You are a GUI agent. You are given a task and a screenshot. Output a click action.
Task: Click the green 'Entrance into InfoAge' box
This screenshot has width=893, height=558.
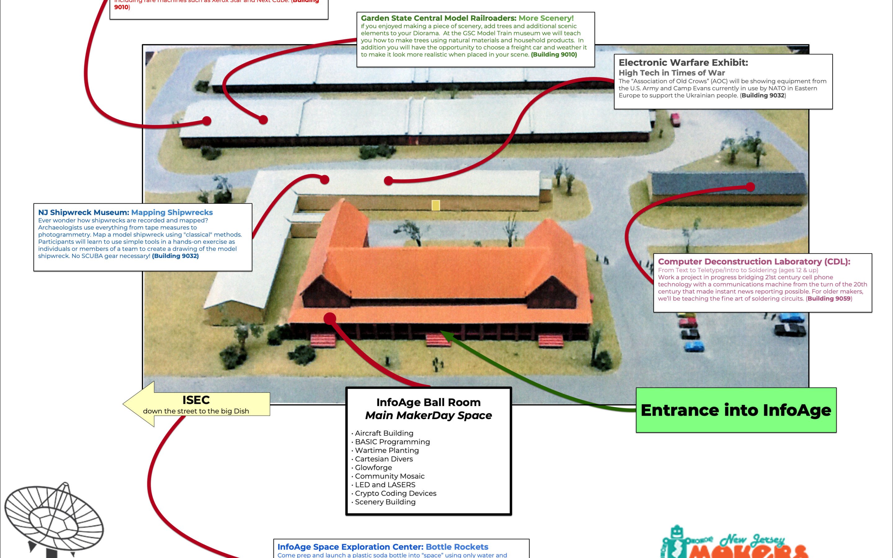(736, 410)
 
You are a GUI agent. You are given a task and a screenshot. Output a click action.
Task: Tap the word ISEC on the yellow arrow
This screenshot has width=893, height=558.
(196, 400)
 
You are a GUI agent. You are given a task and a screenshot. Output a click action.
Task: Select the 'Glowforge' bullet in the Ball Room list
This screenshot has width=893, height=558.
(373, 467)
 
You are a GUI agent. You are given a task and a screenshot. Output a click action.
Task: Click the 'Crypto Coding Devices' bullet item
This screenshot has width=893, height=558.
(395, 494)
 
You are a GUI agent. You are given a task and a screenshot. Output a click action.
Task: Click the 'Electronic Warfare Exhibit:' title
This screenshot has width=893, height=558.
(683, 63)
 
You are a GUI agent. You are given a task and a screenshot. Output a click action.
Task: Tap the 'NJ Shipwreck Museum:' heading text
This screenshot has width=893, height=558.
(83, 213)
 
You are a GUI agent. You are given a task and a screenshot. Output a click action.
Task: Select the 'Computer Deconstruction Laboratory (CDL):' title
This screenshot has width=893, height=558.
(753, 262)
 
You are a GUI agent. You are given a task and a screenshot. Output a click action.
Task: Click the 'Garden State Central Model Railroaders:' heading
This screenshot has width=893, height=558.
(438, 18)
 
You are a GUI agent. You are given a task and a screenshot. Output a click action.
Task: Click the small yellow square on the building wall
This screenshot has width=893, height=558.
(436, 205)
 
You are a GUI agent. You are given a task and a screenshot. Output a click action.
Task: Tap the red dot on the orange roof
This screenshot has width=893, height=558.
(330, 318)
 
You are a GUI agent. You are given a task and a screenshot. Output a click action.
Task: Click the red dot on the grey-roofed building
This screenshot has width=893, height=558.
(750, 187)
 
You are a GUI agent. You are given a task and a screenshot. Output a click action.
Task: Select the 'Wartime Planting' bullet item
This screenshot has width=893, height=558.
(387, 450)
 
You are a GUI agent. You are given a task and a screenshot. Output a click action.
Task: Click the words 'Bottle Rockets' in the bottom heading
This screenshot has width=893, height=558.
(457, 547)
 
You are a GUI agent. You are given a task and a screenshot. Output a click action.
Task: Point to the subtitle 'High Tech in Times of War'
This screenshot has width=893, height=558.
(672, 73)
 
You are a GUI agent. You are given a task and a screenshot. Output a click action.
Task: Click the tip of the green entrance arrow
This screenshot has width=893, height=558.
(442, 332)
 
